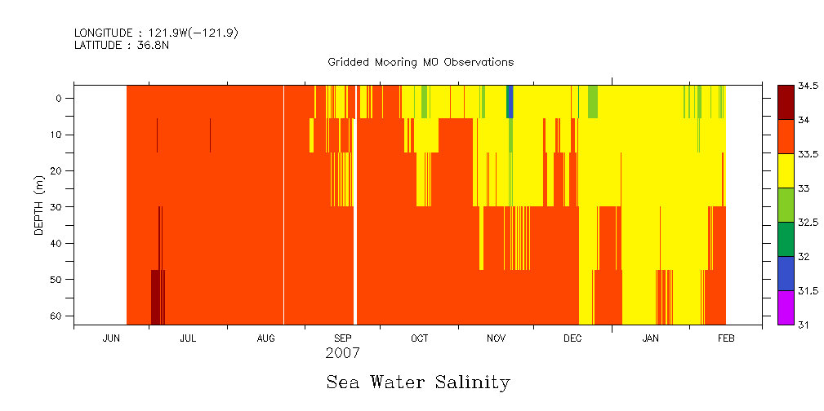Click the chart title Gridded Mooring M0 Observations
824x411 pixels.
[421, 62]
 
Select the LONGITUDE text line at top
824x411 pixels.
[156, 33]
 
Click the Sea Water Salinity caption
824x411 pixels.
[418, 382]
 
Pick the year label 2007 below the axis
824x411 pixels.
[342, 354]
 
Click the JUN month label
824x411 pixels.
[112, 338]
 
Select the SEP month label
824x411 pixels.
[343, 338]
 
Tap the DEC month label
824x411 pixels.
[572, 338]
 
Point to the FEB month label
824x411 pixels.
[726, 338]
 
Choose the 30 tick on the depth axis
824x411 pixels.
[56, 207]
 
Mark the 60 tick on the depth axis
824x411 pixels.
[56, 316]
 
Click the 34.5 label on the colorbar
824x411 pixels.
[808, 86]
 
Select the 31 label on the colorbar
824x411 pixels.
[804, 325]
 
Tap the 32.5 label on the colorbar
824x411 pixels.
[808, 222]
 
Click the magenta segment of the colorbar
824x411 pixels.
[785, 307]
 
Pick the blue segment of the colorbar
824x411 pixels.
[785, 273]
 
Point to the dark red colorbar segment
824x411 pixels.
[785, 102]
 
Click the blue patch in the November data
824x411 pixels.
[510, 102]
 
